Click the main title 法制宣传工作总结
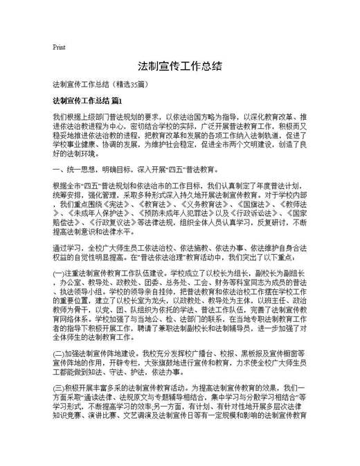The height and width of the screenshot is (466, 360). coord(179,66)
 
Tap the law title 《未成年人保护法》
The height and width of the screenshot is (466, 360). coord(85,215)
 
